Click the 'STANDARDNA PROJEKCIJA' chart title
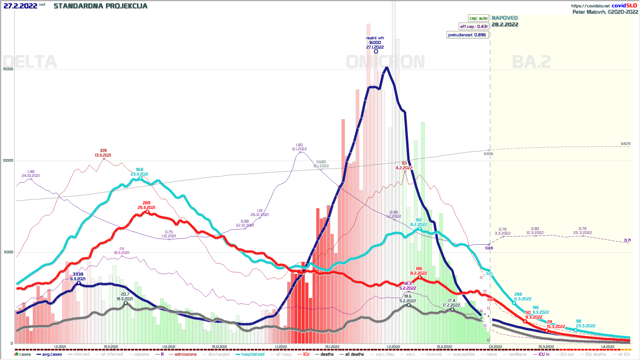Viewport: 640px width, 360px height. [100, 6]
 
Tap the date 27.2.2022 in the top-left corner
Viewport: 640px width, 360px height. [20, 6]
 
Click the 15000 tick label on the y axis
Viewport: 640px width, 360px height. [8, 69]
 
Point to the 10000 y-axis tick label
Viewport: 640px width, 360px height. [8, 160]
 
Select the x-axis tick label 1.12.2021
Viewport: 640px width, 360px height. [169, 347]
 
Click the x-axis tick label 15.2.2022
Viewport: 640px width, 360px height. [444, 347]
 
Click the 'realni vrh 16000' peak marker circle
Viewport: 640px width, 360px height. [376, 51]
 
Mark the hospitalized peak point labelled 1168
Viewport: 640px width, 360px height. [140, 179]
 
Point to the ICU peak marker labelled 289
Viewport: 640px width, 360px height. [147, 212]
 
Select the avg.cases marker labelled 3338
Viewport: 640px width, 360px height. [79, 283]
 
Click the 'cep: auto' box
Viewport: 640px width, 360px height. [478, 18]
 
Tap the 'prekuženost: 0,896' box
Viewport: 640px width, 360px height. [467, 35]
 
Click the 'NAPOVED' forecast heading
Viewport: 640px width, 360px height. [505, 18]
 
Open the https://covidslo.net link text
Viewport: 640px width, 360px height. [590, 6]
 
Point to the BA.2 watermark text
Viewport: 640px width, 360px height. [531, 62]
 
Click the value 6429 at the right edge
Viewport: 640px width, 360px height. [625, 144]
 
